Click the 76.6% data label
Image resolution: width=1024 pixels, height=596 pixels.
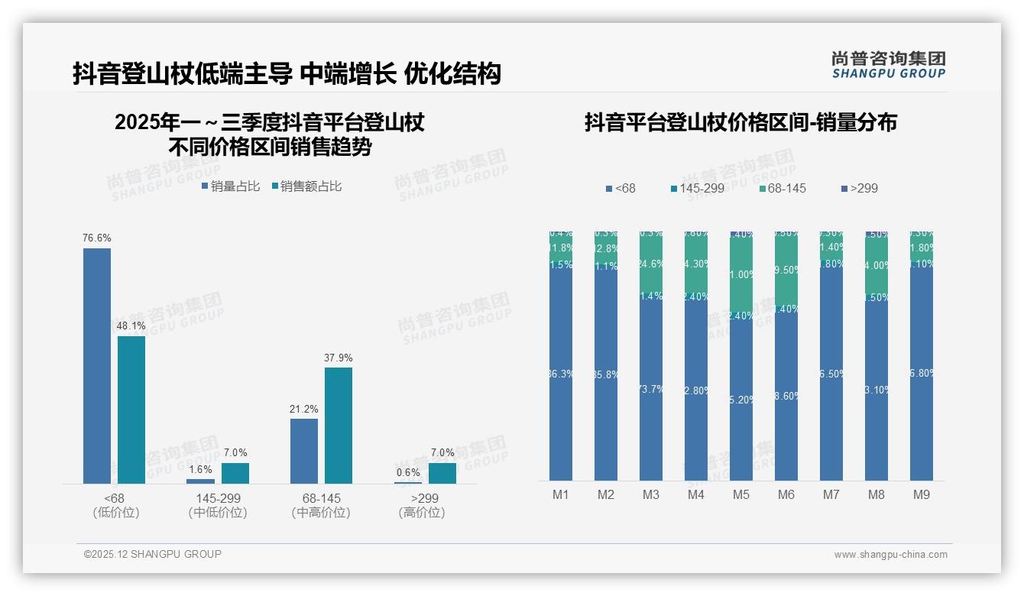pos(96,238)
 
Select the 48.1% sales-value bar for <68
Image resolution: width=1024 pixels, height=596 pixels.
pos(131,410)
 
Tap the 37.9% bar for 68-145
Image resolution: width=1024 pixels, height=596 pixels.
pos(339,425)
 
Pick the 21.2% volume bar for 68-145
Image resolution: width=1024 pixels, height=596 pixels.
pos(304,451)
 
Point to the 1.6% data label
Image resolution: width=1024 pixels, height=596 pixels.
pos(200,469)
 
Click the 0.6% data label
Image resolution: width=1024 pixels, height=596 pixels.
pos(408,472)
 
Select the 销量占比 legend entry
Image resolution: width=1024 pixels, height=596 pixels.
pos(231,186)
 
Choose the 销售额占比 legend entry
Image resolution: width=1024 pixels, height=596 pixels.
pos(306,186)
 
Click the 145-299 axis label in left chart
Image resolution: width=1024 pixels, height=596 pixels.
pos(218,498)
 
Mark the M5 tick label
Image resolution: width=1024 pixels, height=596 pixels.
pos(741,495)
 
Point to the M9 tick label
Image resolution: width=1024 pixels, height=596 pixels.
pos(922,495)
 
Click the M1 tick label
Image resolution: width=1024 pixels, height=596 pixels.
pos(561,495)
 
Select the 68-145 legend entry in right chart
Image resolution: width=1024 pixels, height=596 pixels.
pos(783,188)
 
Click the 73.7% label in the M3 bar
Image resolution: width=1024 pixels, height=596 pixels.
pos(651,389)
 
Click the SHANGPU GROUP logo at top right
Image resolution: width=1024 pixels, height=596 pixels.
pos(888,64)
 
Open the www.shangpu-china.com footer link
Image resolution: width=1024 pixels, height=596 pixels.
pos(890,555)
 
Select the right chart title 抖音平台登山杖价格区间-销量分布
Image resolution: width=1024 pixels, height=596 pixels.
pos(740,123)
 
